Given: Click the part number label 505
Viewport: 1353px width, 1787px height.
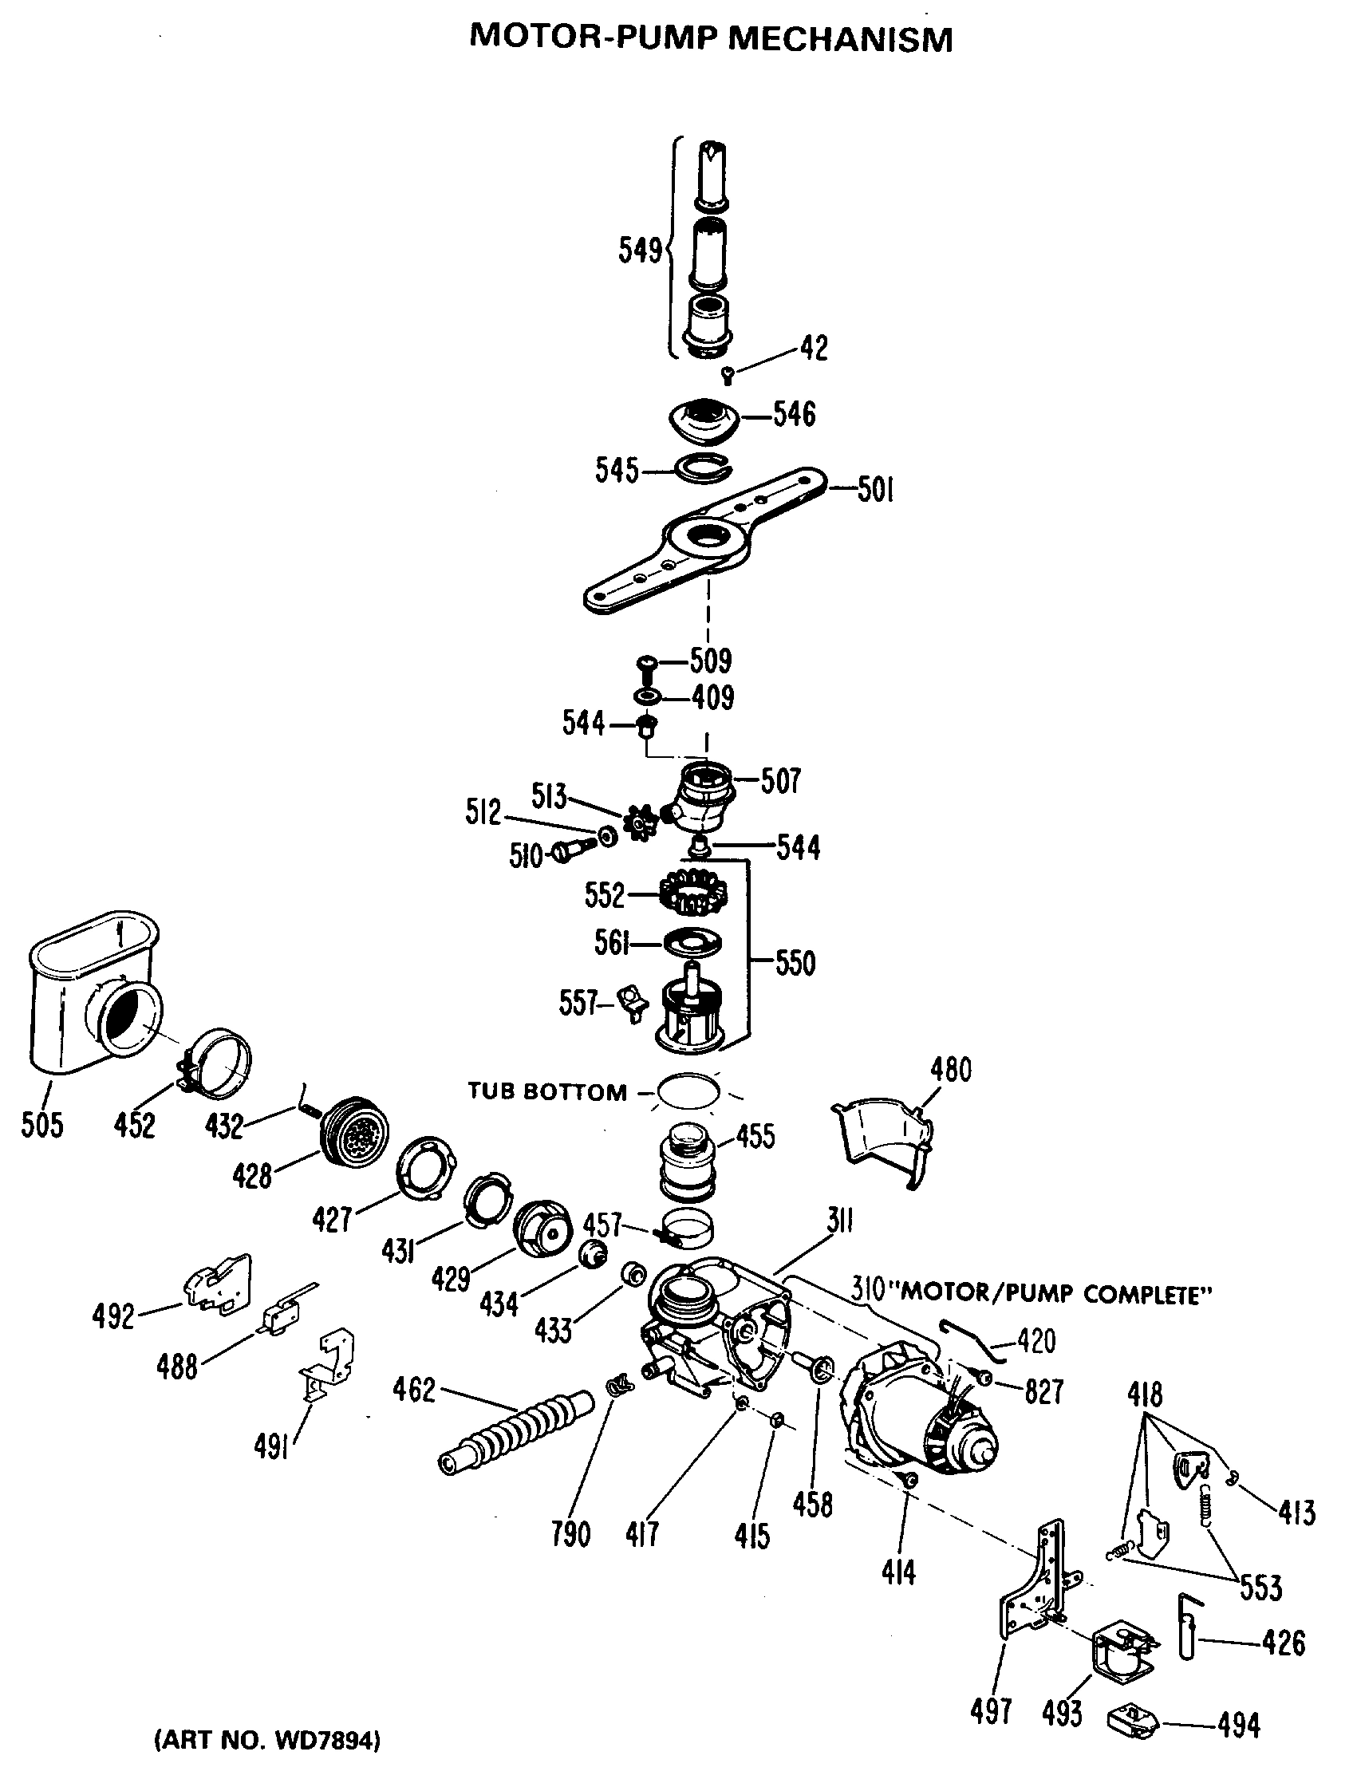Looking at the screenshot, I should click(x=41, y=1124).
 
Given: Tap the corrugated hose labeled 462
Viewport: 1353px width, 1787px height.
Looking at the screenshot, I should click(x=517, y=1430).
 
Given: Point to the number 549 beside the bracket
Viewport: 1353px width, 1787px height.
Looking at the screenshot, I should click(x=640, y=250).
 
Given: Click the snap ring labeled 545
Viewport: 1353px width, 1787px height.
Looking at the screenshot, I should click(x=703, y=467).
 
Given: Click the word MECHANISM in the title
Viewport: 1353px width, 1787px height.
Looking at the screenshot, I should click(x=840, y=39).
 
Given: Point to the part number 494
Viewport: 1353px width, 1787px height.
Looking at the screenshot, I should click(x=1237, y=1726).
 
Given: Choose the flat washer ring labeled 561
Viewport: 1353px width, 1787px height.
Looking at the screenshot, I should click(x=692, y=942).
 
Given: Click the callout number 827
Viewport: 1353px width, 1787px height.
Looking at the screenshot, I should click(x=1043, y=1391).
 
